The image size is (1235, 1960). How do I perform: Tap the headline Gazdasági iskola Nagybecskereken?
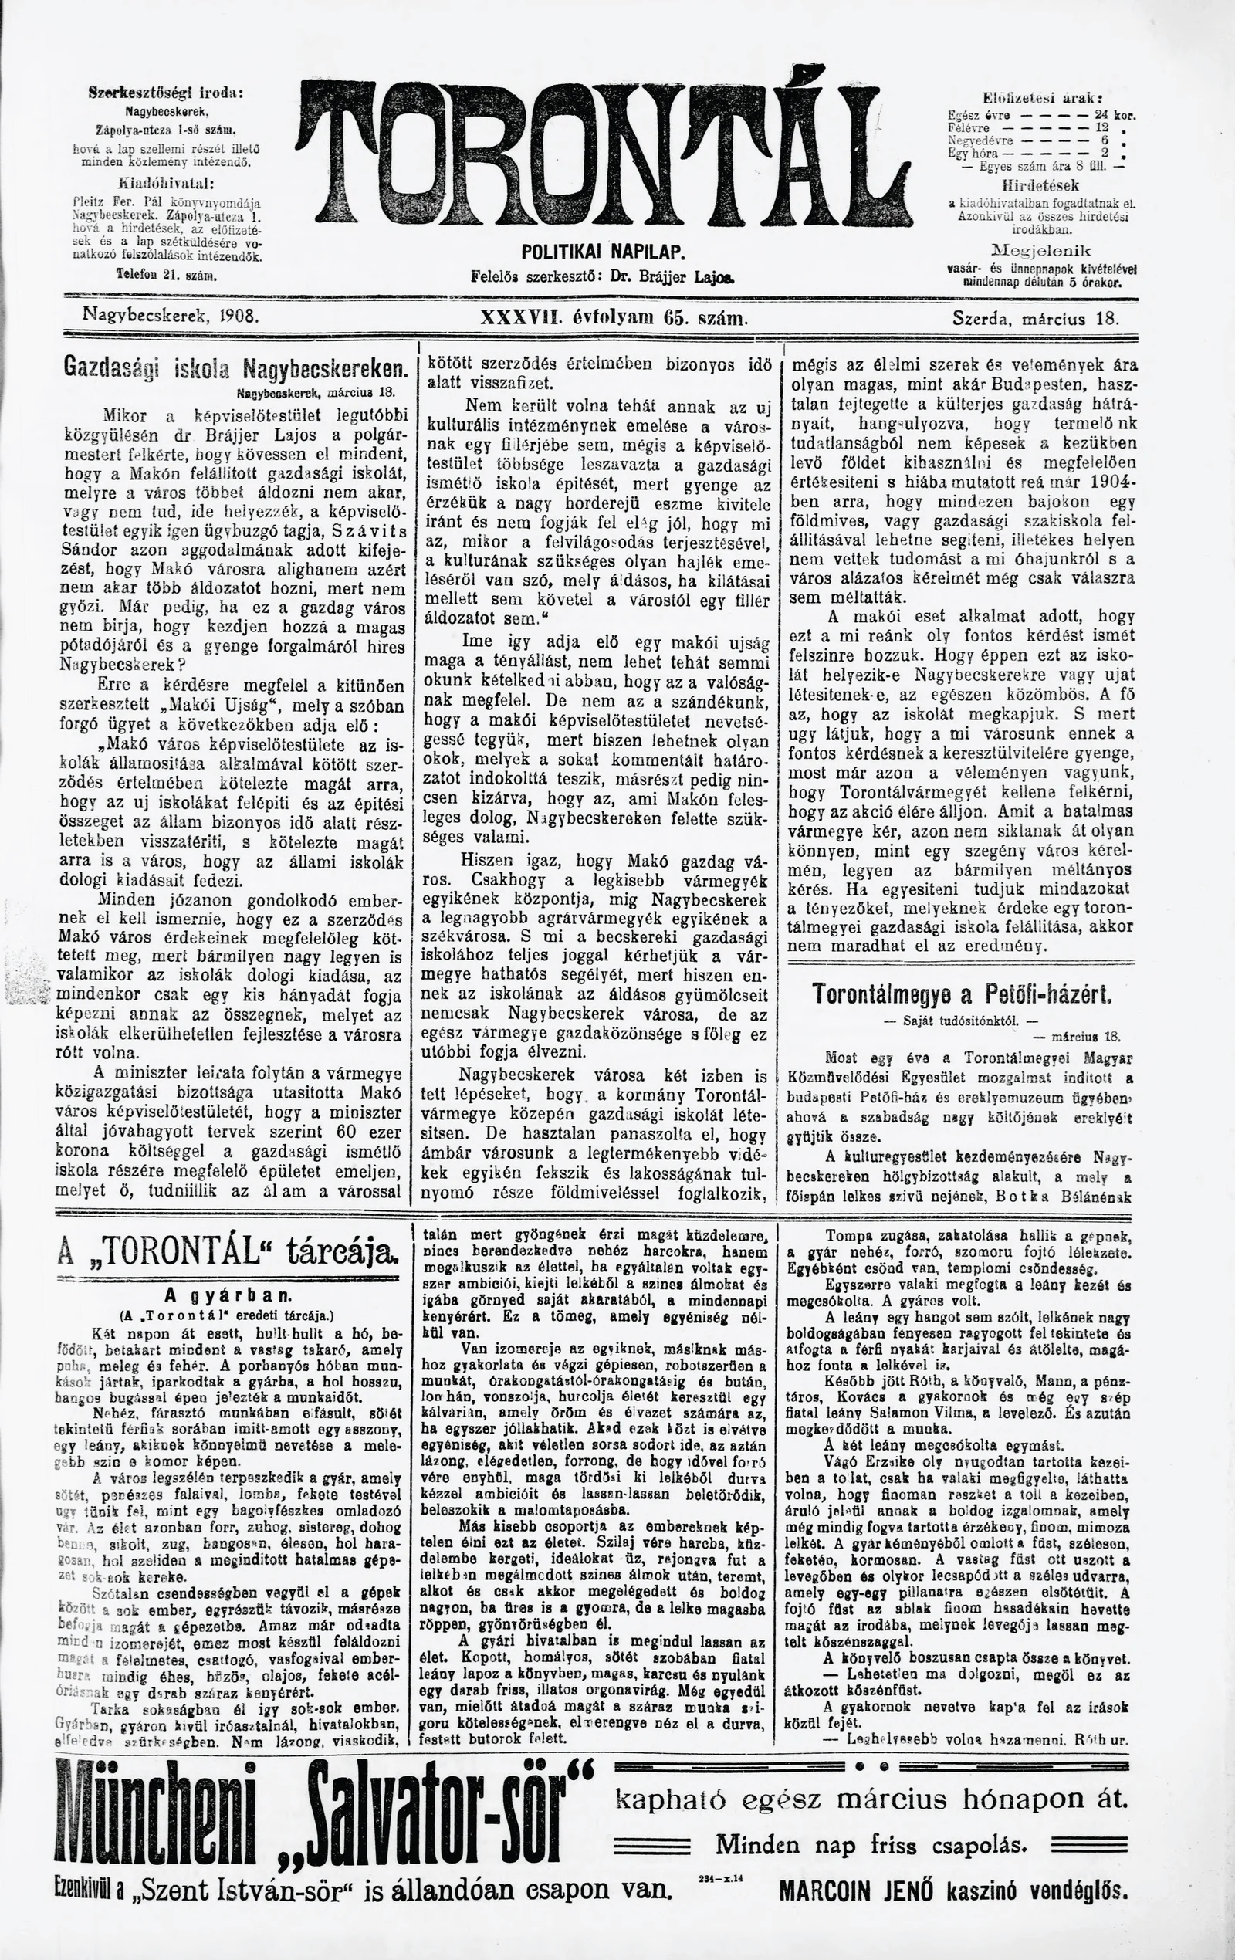[x=235, y=368]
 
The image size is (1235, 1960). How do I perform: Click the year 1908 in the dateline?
[x=239, y=312]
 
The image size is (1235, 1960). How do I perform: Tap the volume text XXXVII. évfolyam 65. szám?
[x=614, y=318]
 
